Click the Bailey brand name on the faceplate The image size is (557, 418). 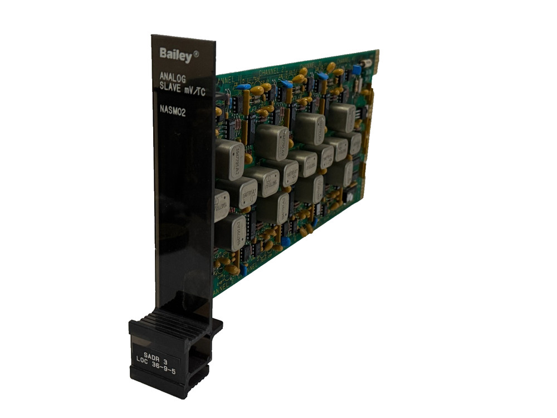coord(175,55)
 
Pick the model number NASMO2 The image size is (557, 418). coord(172,110)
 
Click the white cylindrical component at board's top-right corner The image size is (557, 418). coord(366,63)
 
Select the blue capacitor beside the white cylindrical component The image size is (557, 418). coord(356,70)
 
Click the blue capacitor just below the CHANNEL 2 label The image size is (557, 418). coord(286,84)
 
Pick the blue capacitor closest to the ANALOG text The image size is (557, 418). coord(243,87)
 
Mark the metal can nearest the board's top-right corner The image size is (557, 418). coord(341,116)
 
